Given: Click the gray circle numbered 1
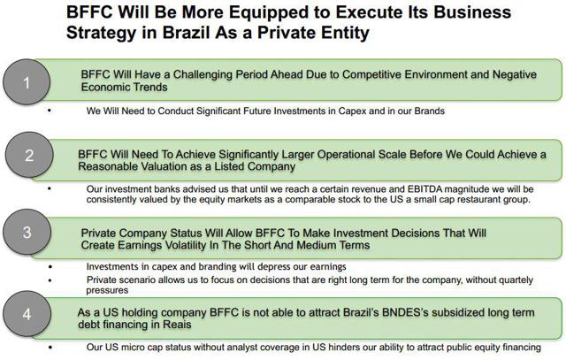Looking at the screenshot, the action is (x=27, y=82).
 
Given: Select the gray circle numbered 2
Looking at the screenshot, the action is (x=29, y=155).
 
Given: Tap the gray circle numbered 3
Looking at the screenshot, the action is (x=27, y=232).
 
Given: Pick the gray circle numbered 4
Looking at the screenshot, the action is (x=27, y=314).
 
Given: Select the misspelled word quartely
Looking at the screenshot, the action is (x=513, y=280).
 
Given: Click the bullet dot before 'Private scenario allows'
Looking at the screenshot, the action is (x=50, y=280).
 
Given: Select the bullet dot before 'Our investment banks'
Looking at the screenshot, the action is (x=50, y=189).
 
